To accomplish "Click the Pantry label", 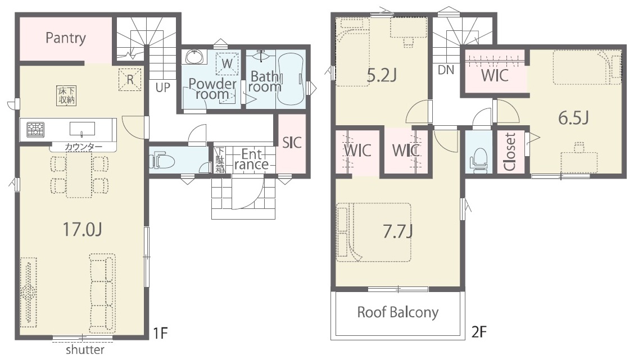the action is pos(66,38).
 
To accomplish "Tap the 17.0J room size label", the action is pos(82,229).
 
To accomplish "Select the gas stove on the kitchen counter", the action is pos(35,129).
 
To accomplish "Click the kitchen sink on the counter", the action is pos(82,129).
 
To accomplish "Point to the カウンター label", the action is pos(83,147).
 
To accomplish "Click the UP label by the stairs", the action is pos(162,87).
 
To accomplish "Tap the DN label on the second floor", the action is pos(446,70).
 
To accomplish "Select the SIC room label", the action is pos(292,142).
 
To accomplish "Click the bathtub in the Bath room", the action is pos(291,79).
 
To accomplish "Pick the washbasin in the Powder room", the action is pos(195,57).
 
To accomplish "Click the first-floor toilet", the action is pos(162,161).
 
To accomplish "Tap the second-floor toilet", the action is pos(479,161).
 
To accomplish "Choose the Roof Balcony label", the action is pos(397,312).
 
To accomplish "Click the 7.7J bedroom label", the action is pos(398,231).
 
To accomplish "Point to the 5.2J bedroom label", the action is pos(381,76).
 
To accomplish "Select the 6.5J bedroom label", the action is pos(573,117).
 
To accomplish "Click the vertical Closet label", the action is pos(509,152).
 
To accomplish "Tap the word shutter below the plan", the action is pos(85,349).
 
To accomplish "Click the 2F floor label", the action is pos(479,332).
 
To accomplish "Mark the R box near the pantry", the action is pos(130,79).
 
